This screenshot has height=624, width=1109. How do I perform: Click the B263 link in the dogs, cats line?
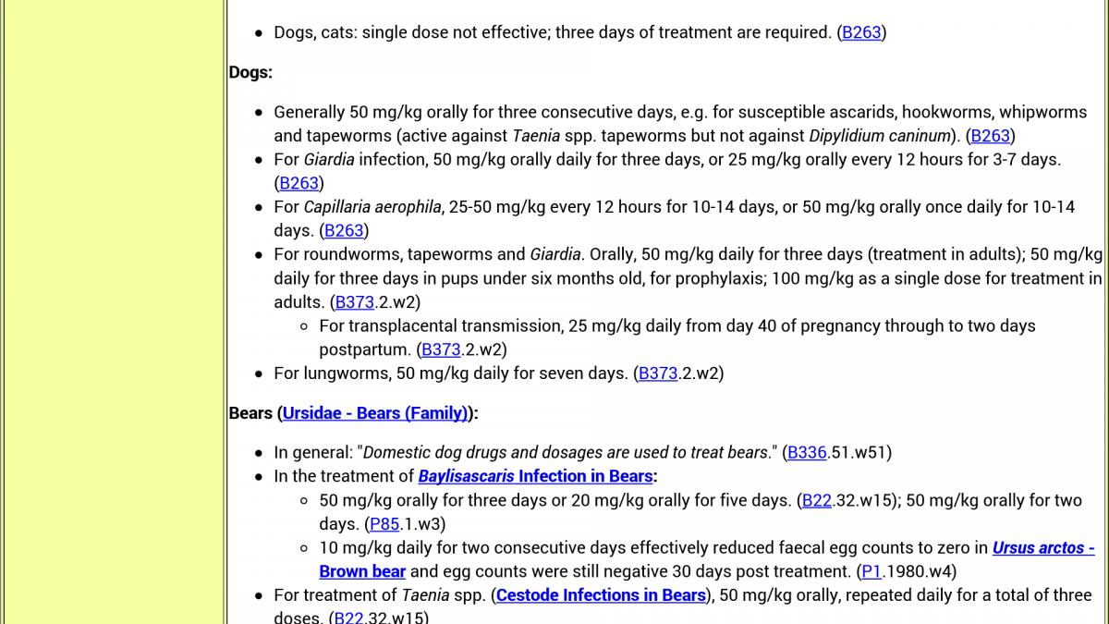click(x=861, y=32)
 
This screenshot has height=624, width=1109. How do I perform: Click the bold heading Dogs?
click(x=250, y=72)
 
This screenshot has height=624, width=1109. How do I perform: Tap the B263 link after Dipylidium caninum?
click(x=990, y=136)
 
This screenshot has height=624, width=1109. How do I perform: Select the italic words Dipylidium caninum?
click(x=880, y=136)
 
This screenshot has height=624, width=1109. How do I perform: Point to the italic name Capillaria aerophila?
click(x=372, y=207)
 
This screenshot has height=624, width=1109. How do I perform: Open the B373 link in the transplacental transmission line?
click(x=441, y=349)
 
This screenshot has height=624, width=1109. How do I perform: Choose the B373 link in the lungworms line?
click(x=658, y=373)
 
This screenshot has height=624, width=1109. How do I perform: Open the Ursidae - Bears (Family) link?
click(x=375, y=413)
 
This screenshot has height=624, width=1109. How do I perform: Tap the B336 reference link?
click(x=807, y=453)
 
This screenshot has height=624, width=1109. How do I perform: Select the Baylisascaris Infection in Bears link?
click(x=536, y=477)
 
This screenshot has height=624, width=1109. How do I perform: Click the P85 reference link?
click(x=384, y=524)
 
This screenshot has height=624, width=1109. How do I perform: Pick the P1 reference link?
click(x=871, y=571)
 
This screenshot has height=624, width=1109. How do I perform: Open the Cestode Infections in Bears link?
click(x=601, y=595)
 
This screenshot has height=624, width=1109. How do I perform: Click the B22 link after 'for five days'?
click(x=817, y=500)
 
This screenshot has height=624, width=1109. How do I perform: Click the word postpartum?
click(x=363, y=349)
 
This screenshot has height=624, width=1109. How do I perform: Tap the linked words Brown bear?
click(x=362, y=571)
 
